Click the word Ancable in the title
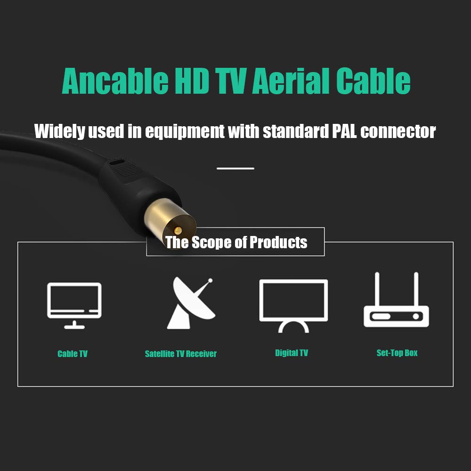point(115,81)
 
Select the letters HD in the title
point(192,81)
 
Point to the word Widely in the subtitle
point(60,131)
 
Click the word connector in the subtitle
point(398,131)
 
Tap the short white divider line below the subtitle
point(235,169)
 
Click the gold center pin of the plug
point(178,231)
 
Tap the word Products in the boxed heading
point(278,242)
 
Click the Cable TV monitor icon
point(74,306)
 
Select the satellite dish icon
point(191,303)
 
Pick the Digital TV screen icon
point(293,306)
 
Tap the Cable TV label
point(73,354)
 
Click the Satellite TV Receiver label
point(180,354)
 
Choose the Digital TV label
point(292,353)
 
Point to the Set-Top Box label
point(397,353)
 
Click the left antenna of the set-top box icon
point(377,289)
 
